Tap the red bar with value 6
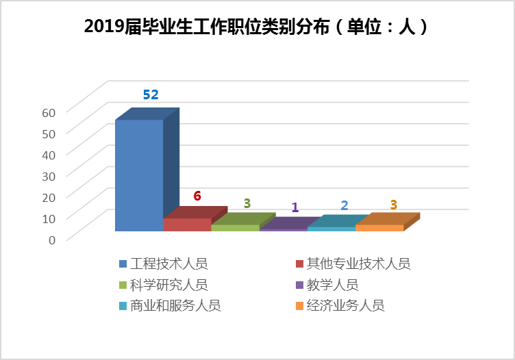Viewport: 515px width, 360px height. coord(187,224)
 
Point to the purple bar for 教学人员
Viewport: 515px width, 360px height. coord(284,229)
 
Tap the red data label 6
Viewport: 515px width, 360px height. coord(197,196)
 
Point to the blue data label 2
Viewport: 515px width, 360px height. coord(344,205)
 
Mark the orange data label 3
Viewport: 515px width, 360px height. coord(394,205)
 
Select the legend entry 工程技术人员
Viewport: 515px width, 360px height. coord(168,263)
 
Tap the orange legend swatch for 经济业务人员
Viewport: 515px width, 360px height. coord(298,306)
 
